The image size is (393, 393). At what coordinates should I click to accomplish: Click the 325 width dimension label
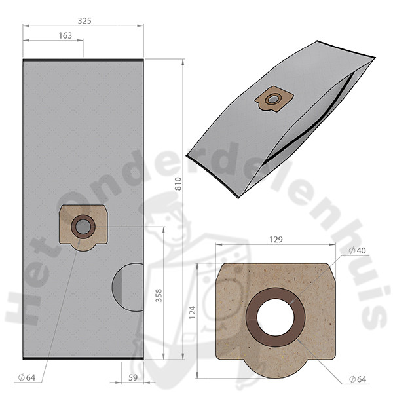click(84, 20)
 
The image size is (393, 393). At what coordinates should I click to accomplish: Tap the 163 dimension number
click(65, 35)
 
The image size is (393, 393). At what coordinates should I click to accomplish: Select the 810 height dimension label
click(178, 183)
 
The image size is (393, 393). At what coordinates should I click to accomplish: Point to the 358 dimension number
click(159, 295)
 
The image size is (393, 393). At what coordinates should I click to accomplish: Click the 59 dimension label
click(133, 377)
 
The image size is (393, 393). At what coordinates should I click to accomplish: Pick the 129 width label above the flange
click(276, 240)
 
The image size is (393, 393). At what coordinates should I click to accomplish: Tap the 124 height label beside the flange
click(192, 312)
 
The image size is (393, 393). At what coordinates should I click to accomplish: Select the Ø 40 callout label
click(357, 250)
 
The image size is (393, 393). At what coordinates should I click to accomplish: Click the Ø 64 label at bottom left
click(27, 377)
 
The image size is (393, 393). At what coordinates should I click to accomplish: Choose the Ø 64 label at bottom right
click(358, 379)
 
